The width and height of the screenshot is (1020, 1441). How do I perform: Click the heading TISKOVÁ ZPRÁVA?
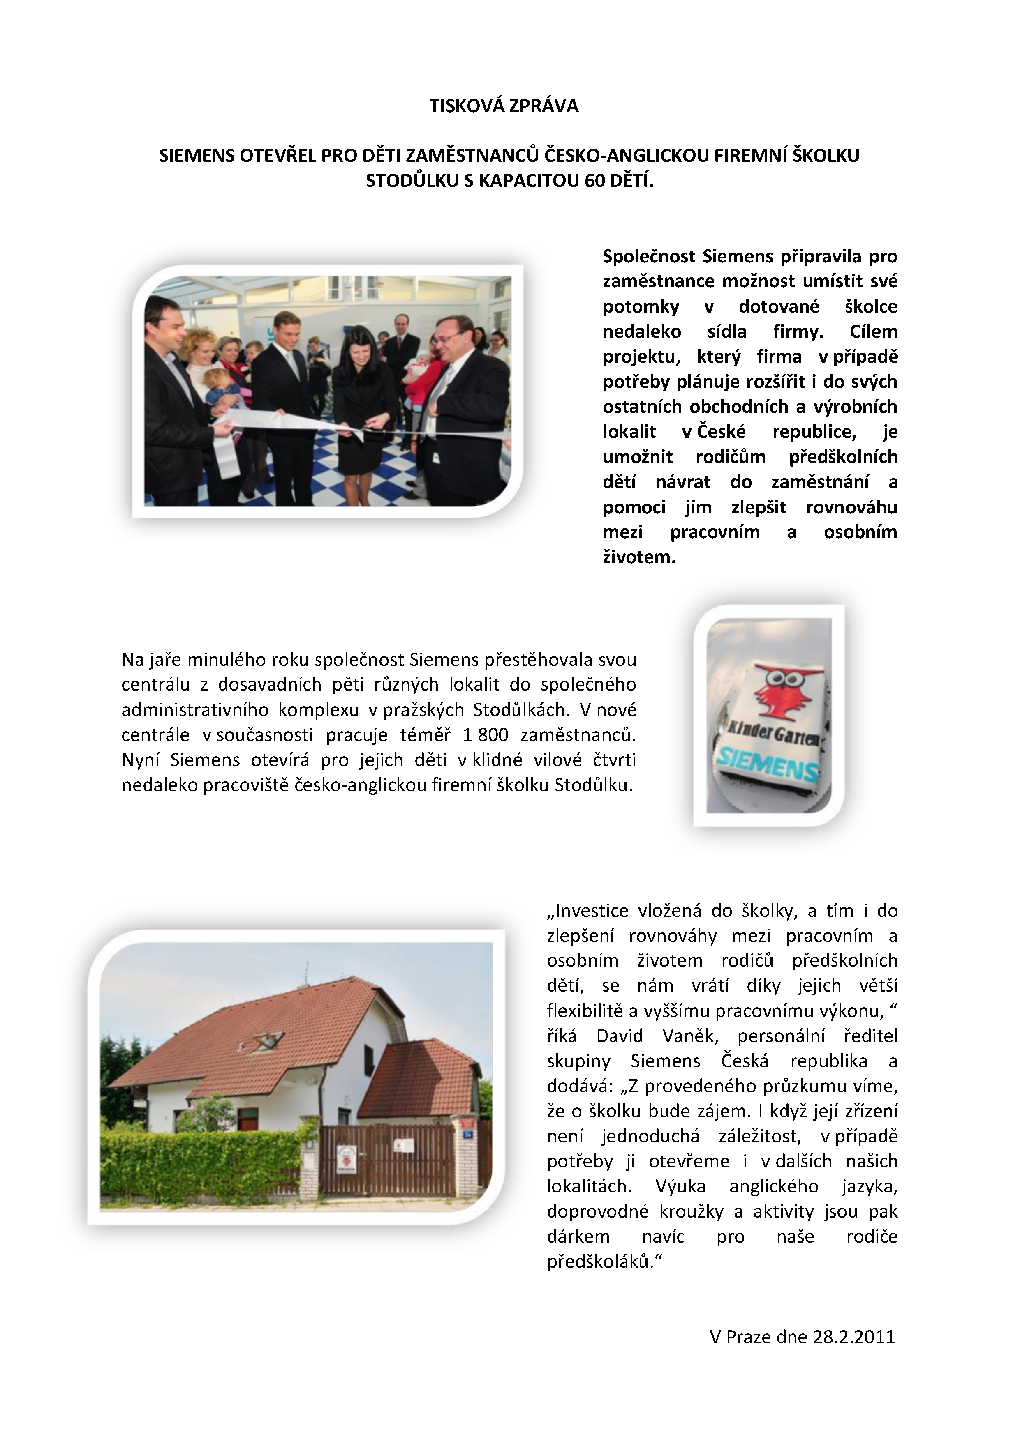(504, 106)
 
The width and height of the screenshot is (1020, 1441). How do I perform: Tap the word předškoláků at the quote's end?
(605, 1261)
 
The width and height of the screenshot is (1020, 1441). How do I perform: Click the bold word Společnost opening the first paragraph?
(649, 256)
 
